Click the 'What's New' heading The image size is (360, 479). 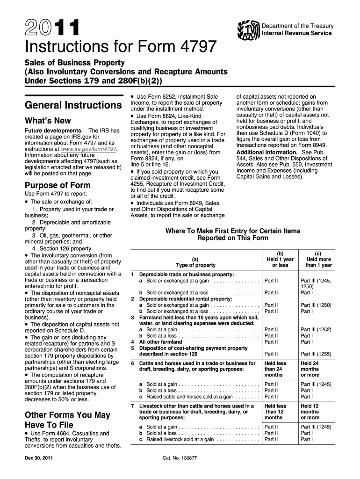(x=48, y=121)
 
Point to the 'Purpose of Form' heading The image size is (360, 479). (x=57, y=185)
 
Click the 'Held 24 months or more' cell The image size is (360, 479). (x=310, y=369)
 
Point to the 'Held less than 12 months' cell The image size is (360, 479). (x=275, y=412)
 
